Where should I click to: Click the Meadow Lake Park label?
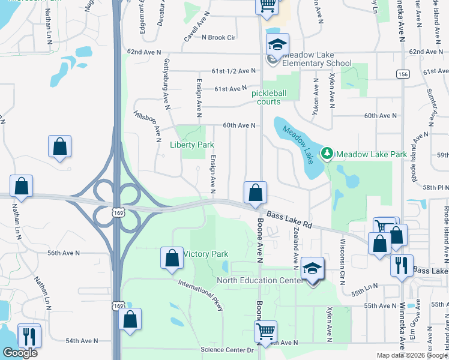pos(372,154)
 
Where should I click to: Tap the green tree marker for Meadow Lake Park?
pos(327,154)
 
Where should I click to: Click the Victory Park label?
pos(206,254)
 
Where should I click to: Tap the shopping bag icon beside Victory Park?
pos(172,258)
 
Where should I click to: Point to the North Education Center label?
pos(264,280)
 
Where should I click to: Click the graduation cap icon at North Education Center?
pos(312,268)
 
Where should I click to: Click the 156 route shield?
pos(402,73)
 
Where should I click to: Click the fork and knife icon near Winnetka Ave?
pos(401,266)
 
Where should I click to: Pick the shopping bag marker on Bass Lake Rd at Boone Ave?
pos(255,193)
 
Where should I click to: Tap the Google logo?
pos(20,353)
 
